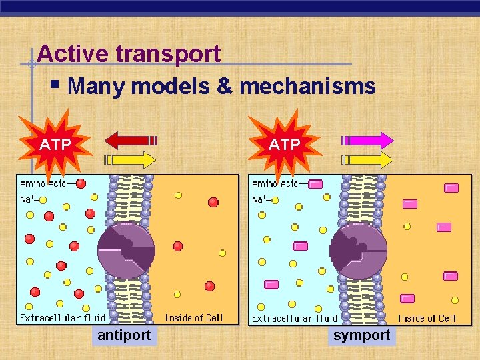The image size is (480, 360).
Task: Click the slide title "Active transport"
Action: [x=129, y=53]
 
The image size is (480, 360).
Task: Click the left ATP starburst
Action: [x=55, y=145]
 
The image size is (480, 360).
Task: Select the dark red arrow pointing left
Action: [x=131, y=141]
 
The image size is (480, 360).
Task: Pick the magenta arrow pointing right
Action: [x=367, y=141]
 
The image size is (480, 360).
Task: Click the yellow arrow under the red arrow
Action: [x=131, y=159]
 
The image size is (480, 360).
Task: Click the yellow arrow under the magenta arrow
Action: [x=367, y=159]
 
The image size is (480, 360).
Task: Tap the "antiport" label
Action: [x=124, y=335]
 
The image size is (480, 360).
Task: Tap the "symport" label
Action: [x=361, y=335]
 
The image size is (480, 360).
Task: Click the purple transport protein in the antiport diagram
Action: [x=126, y=250]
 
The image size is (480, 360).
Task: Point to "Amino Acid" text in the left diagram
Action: [x=43, y=183]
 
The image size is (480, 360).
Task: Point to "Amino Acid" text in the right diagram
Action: [x=275, y=183]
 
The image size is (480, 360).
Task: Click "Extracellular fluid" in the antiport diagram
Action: [x=63, y=318]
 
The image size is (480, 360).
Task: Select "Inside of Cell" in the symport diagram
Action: [x=427, y=319]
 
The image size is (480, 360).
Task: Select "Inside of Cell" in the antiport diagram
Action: [x=194, y=318]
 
